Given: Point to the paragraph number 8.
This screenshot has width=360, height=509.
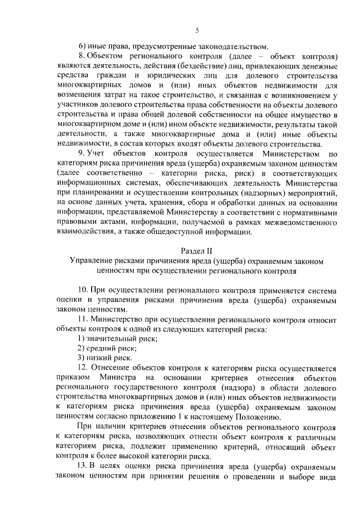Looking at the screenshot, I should (x=81, y=57).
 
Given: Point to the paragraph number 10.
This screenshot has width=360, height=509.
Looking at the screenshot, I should (x=83, y=290).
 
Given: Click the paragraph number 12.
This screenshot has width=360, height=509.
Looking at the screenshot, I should (x=83, y=368).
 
